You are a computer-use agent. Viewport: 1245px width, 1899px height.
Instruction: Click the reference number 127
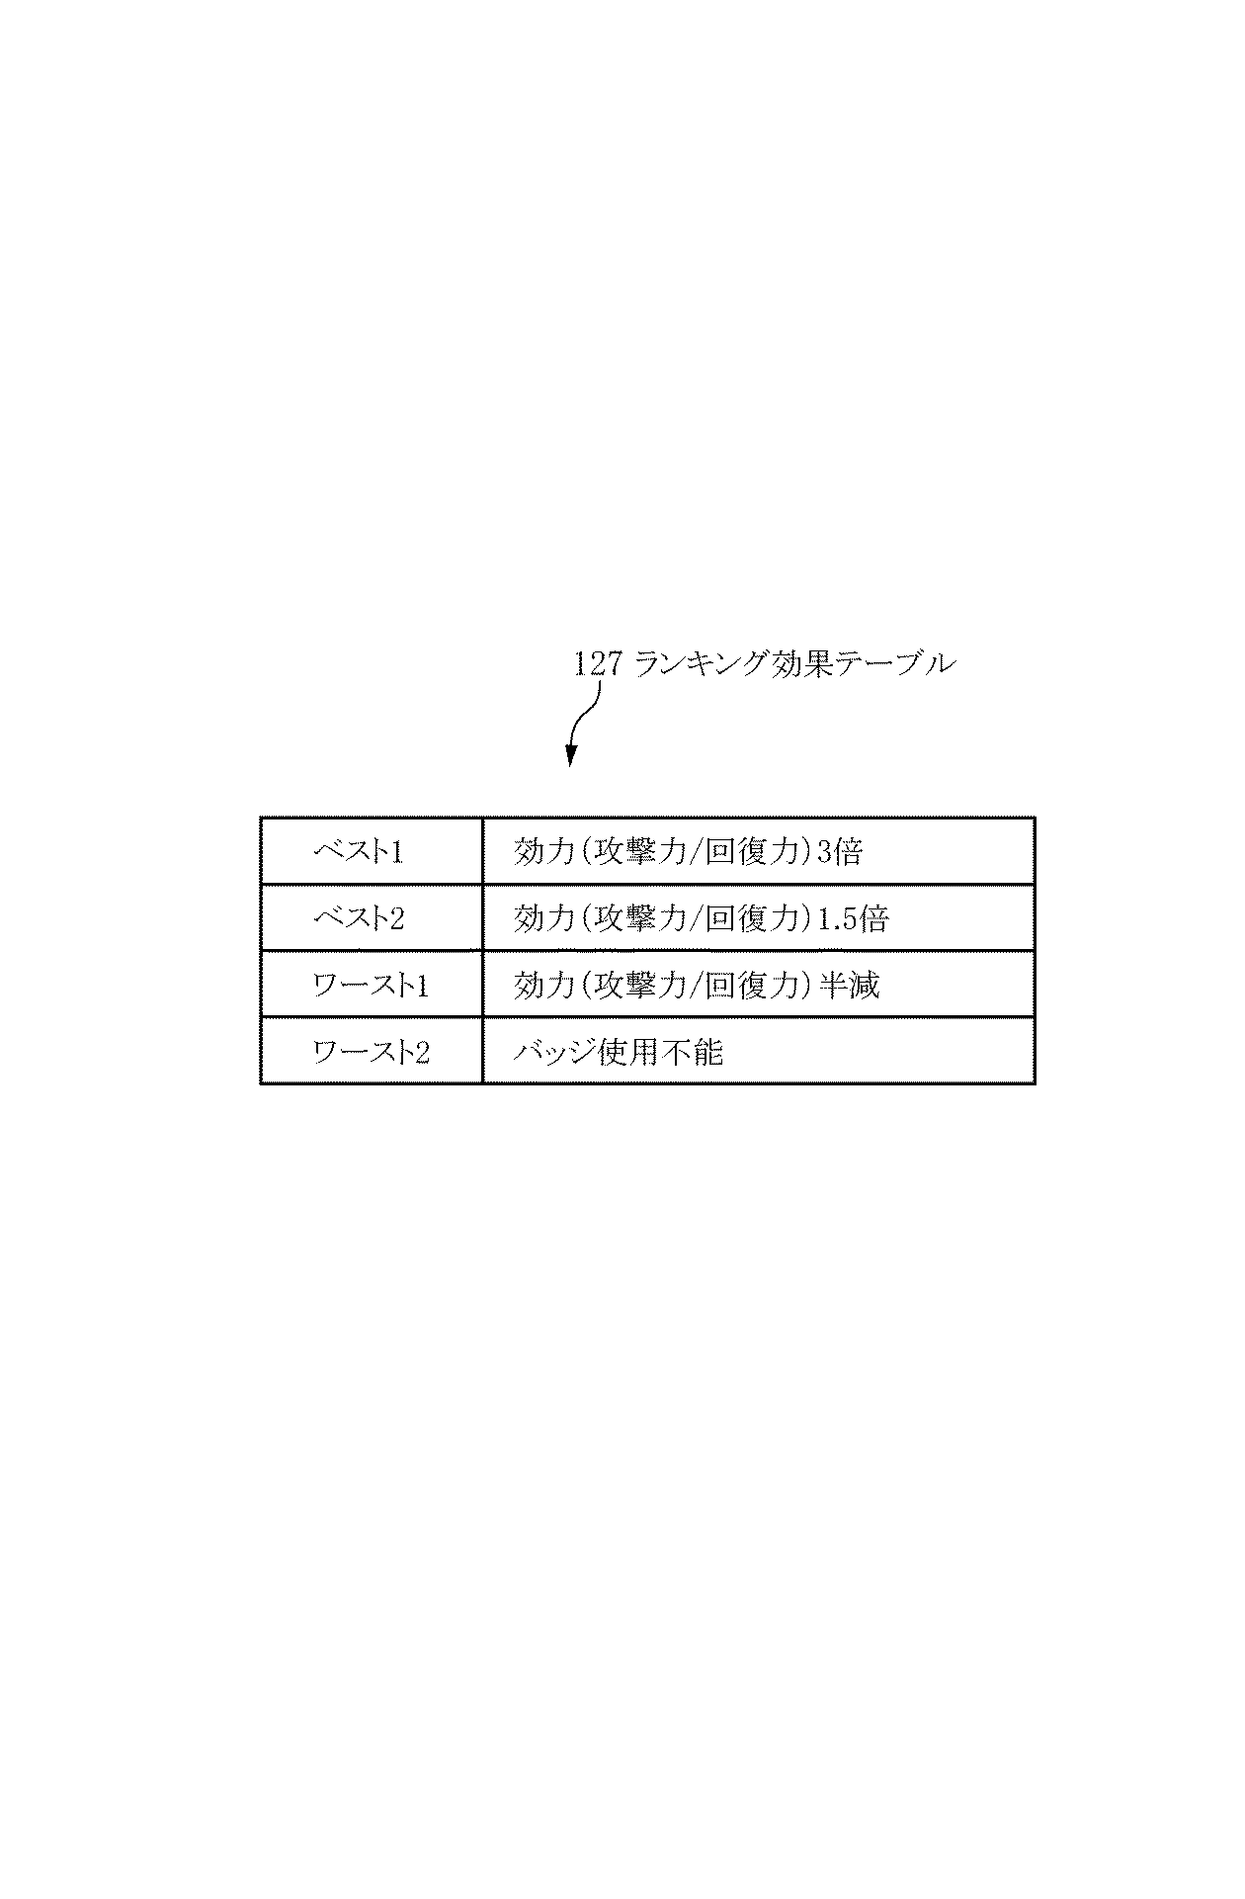[x=596, y=663]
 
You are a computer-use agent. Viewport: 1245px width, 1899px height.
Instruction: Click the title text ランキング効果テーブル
[x=793, y=663]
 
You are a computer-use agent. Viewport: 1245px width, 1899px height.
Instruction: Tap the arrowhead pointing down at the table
[x=570, y=756]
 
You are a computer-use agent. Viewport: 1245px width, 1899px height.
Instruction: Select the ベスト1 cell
[x=372, y=851]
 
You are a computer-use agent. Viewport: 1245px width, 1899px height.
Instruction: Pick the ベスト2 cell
[x=372, y=917]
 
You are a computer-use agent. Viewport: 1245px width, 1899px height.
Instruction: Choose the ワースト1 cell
[x=372, y=984]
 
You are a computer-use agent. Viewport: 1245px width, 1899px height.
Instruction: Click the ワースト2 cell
[x=372, y=1050]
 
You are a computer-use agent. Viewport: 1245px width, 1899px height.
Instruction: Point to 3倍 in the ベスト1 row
[x=840, y=851]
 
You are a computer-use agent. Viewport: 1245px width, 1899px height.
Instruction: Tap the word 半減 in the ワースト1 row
[x=850, y=985]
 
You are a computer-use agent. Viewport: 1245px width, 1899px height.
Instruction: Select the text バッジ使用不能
[x=619, y=1051]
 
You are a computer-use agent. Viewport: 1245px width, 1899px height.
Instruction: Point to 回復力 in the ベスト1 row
[x=752, y=851]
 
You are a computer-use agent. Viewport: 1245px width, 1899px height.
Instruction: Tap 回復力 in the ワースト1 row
[x=752, y=985]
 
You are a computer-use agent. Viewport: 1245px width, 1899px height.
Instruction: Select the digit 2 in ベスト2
[x=396, y=918]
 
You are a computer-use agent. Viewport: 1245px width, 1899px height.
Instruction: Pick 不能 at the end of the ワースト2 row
[x=695, y=1051]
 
